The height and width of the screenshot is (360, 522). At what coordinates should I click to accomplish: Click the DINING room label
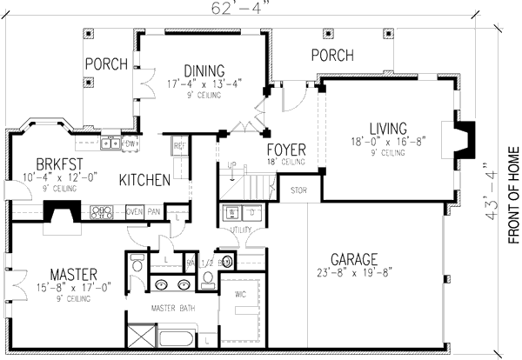[x=204, y=70]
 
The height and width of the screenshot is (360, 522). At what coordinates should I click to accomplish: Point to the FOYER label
[x=284, y=148]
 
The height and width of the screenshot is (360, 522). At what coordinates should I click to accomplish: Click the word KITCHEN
[x=144, y=180]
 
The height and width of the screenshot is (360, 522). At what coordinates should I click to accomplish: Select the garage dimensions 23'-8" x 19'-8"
[x=357, y=274]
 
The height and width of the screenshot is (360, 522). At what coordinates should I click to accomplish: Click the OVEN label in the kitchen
[x=135, y=211]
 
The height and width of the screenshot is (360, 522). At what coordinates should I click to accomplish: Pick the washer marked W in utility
[x=231, y=211]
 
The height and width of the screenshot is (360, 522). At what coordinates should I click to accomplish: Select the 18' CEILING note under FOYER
[x=285, y=162]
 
